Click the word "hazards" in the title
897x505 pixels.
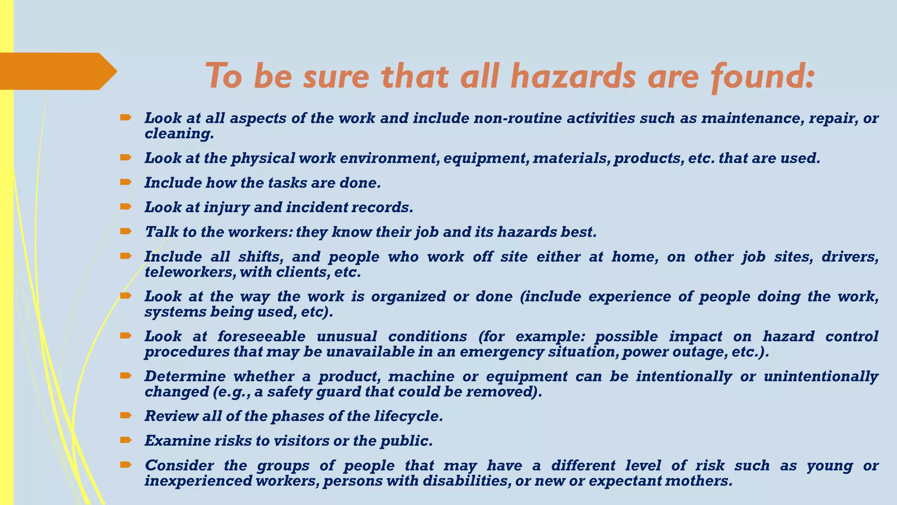pos(573,76)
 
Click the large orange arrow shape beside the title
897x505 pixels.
pos(57,71)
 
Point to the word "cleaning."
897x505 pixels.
pos(180,134)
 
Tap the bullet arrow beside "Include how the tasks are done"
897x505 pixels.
pos(125,181)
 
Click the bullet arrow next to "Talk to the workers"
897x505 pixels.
pos(125,231)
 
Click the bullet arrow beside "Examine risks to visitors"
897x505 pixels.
pos(125,440)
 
